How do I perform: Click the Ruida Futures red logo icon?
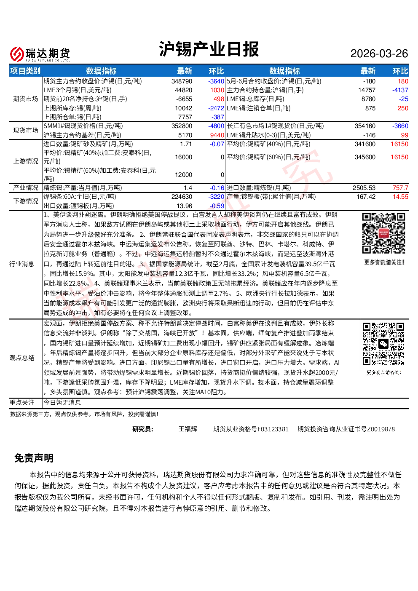(x=17, y=54)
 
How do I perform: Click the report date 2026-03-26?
(x=379, y=53)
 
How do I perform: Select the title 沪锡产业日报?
(x=209, y=49)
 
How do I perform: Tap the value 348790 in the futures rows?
(x=182, y=81)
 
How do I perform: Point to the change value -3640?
(x=216, y=81)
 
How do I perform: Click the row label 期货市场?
(x=26, y=99)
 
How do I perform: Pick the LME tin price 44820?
(x=183, y=90)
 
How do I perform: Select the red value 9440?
(x=217, y=135)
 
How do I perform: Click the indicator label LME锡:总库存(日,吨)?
(x=255, y=99)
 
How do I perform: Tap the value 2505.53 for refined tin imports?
(x=364, y=188)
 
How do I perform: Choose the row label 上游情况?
(x=26, y=161)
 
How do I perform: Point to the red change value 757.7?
(x=400, y=188)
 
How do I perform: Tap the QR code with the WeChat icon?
(x=383, y=344)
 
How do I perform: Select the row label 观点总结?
(x=22, y=358)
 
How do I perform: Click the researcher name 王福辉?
(x=188, y=429)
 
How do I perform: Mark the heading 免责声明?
(x=34, y=458)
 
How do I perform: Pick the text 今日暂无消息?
(x=62, y=403)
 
